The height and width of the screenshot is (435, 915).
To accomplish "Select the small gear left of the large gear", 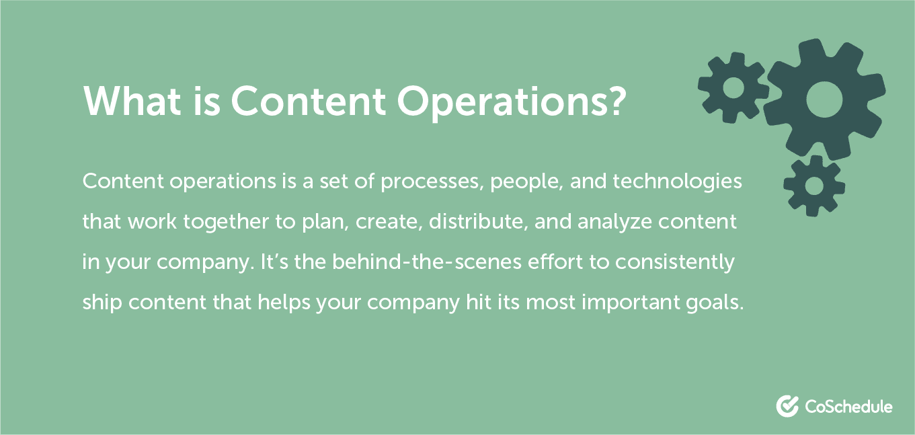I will tap(733, 86).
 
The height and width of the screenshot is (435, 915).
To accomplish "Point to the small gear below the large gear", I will tap(814, 186).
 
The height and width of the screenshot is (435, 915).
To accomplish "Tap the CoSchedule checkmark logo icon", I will tap(787, 406).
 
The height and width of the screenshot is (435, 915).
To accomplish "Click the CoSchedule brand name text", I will tap(848, 407).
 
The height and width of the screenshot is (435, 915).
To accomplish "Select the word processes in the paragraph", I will tap(428, 182).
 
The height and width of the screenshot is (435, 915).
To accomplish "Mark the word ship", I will tap(102, 303).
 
